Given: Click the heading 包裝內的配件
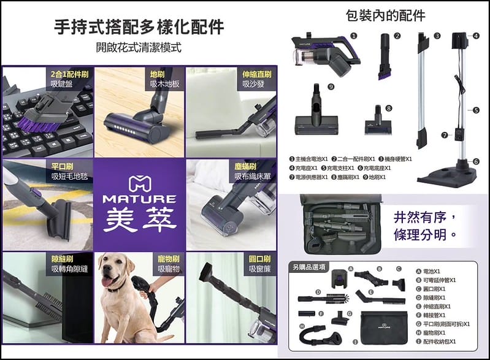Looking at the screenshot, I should pos(385,15).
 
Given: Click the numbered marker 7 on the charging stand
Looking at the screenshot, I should pos(443,134).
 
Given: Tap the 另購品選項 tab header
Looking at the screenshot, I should pos(309,267).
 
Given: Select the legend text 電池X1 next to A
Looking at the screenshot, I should pos(432,270).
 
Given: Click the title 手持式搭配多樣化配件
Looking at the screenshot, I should pos(139,27).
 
